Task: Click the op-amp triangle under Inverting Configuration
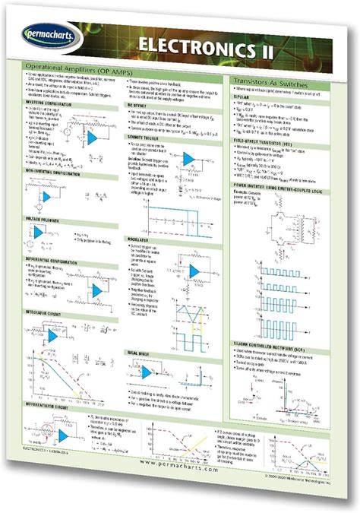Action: (x=93, y=138)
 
